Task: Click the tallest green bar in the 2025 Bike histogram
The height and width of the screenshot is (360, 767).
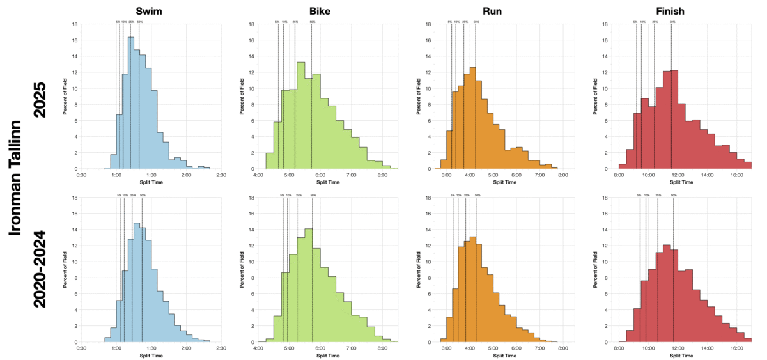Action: (300, 116)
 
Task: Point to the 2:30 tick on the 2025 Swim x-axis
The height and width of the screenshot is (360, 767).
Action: (221, 175)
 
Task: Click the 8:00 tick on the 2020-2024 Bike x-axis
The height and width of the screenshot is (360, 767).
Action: (382, 348)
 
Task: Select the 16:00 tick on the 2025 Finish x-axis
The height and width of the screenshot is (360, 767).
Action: (736, 175)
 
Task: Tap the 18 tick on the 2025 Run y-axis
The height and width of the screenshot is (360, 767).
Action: (430, 24)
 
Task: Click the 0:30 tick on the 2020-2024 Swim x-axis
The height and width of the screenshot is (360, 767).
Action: (81, 348)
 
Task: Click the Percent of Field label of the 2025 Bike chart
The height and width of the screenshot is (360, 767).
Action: (242, 97)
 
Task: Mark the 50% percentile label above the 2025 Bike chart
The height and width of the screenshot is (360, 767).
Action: (312, 22)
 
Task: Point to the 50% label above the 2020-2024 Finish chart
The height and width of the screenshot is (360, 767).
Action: (673, 195)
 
